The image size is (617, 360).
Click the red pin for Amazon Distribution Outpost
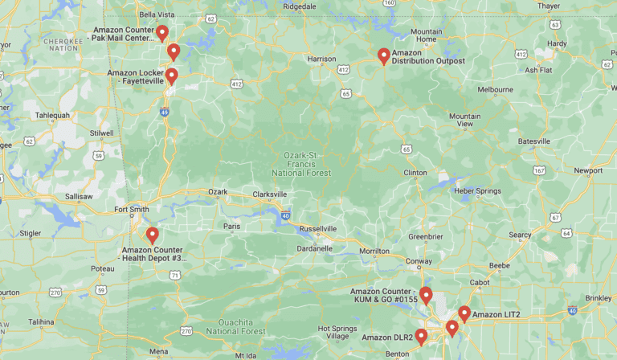(x=384, y=55)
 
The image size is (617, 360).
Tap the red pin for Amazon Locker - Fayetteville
(x=171, y=76)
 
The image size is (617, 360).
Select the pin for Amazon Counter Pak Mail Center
(x=162, y=33)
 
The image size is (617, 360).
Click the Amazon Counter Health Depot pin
(x=152, y=235)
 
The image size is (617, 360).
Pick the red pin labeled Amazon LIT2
(x=464, y=313)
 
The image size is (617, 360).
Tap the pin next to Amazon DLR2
(x=421, y=336)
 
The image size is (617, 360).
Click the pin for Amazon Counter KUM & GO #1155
(x=426, y=295)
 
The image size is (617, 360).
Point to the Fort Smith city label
(x=132, y=210)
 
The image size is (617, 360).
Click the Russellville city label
(x=318, y=228)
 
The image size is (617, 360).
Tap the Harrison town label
(x=321, y=59)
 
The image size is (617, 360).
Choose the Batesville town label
(x=534, y=141)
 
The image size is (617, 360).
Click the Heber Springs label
(x=477, y=190)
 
